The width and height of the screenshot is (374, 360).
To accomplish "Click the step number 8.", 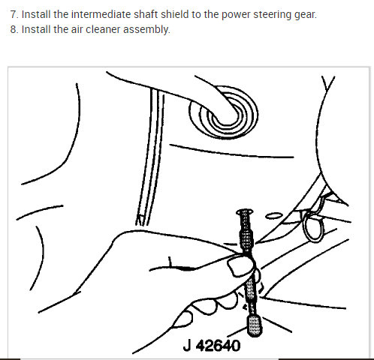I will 14,30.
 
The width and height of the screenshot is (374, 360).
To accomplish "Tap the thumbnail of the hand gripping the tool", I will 240,264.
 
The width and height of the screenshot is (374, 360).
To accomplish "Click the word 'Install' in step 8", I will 35,30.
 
